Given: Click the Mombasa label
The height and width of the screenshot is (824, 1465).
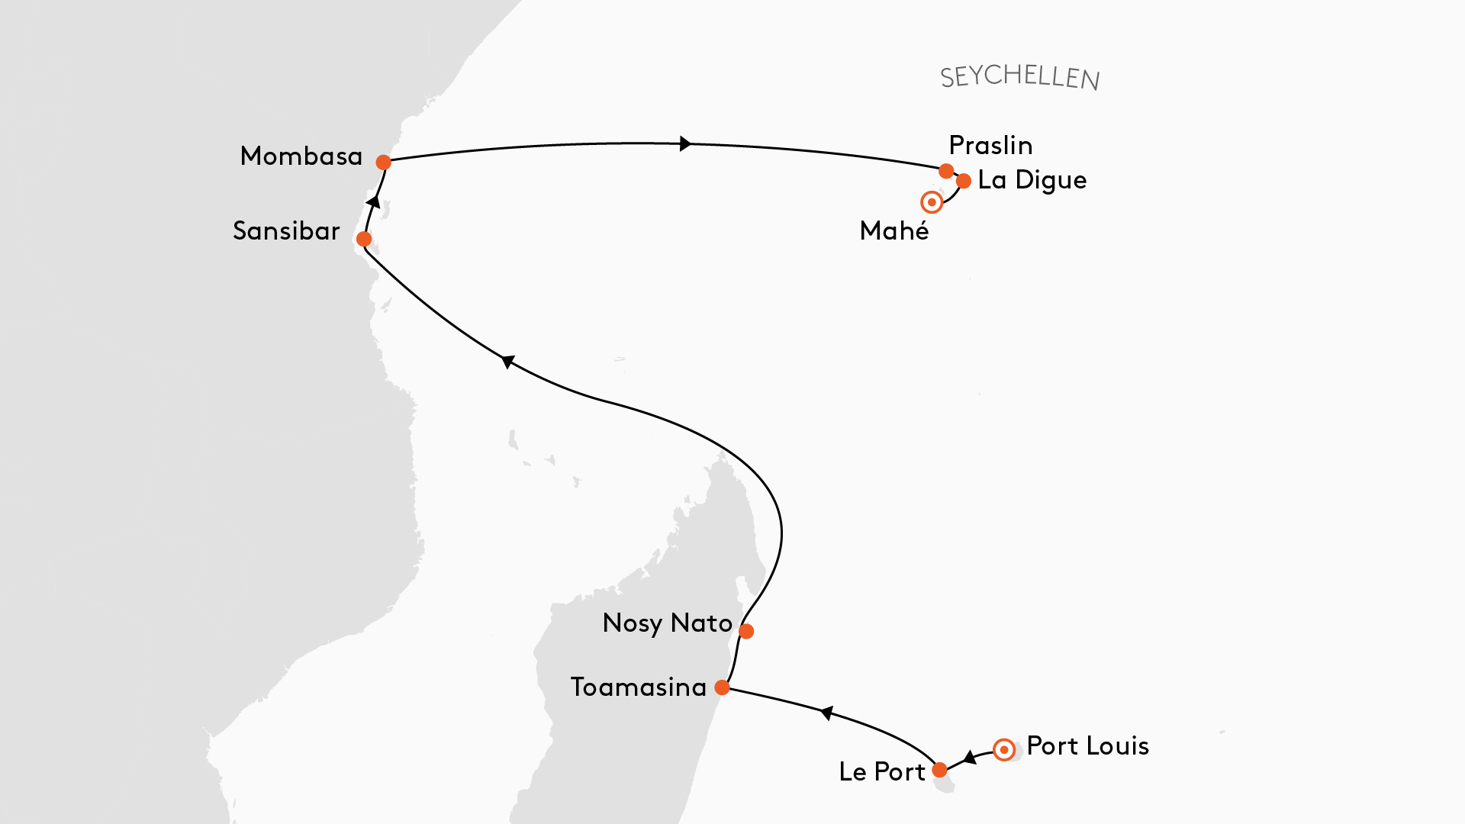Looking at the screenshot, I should [x=301, y=156].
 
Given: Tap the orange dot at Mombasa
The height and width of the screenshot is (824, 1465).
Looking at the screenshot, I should [x=384, y=163].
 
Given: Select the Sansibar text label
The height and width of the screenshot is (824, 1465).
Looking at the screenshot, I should [x=286, y=231].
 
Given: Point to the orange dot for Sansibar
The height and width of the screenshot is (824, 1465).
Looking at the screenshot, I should [x=364, y=240].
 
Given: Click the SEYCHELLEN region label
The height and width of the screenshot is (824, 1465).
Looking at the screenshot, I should [x=1019, y=77].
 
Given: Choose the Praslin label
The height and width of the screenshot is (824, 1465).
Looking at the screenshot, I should [x=990, y=146].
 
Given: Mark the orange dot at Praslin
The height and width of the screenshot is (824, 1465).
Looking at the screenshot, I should [x=946, y=171].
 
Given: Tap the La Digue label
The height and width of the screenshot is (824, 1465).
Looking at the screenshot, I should [x=1032, y=181].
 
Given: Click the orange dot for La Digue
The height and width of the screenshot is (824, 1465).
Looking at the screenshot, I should [x=964, y=182].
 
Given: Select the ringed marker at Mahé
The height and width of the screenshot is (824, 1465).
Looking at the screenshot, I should [x=932, y=203].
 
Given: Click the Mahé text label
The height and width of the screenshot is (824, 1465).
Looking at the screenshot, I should [x=894, y=231].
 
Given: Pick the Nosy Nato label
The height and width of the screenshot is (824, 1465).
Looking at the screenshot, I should [x=667, y=623].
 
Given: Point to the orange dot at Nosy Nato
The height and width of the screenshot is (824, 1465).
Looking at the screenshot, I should [x=746, y=632].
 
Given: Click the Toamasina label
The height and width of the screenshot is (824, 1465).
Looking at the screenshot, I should [x=639, y=687].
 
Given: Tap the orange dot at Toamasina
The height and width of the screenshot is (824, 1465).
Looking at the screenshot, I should [x=722, y=688].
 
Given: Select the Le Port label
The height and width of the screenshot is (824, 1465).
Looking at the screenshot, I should [x=881, y=772].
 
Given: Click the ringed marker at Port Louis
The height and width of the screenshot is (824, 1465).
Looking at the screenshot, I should [x=1004, y=750].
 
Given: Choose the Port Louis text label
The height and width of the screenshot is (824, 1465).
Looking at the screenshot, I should [x=1087, y=746].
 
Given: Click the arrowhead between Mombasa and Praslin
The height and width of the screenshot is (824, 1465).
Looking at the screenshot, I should [x=685, y=143].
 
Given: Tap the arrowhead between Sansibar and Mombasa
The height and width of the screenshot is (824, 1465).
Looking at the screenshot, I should [x=373, y=201].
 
